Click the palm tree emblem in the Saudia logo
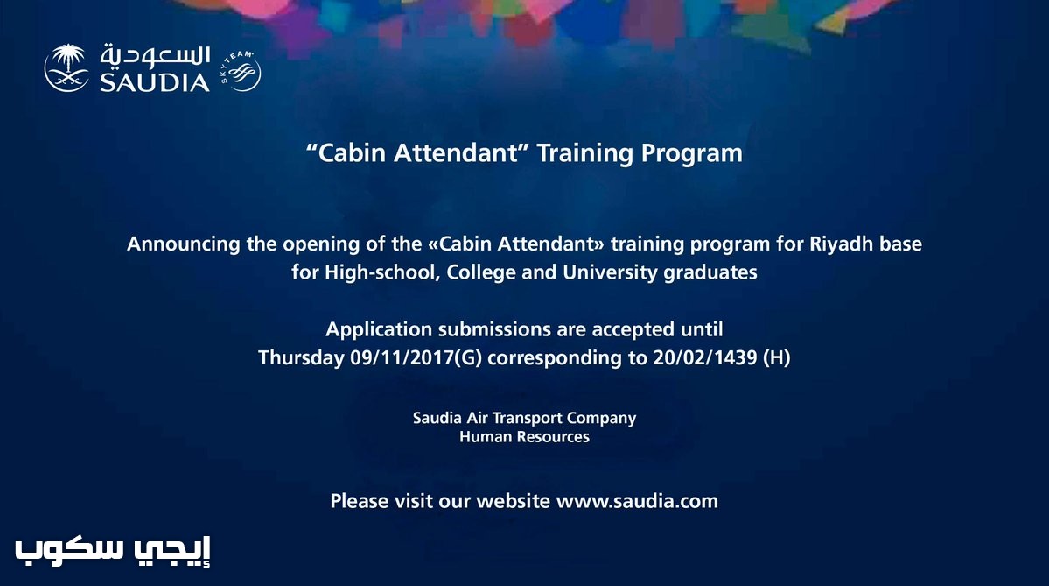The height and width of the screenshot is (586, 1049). pos(66,67)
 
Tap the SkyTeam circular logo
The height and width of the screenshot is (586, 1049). pos(241,70)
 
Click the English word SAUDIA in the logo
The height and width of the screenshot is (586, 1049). pos(155,82)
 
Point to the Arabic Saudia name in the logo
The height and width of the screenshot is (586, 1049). pos(155,56)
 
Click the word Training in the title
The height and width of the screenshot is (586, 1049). pos(584,153)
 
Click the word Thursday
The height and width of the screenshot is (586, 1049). pos(301,357)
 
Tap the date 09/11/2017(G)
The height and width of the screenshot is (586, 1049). pos(416,357)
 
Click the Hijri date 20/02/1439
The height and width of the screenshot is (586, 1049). pos(705,357)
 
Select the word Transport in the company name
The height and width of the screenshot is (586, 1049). pos(528,419)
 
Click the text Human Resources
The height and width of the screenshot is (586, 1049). pos(525,437)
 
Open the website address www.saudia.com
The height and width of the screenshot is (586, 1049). pos(637,501)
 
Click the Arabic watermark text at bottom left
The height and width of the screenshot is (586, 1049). pos(113,550)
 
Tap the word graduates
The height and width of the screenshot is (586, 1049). pos(710,273)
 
